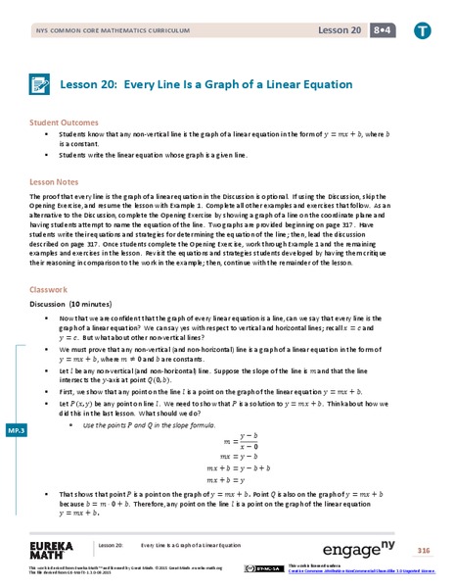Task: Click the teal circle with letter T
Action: tap(422, 33)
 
